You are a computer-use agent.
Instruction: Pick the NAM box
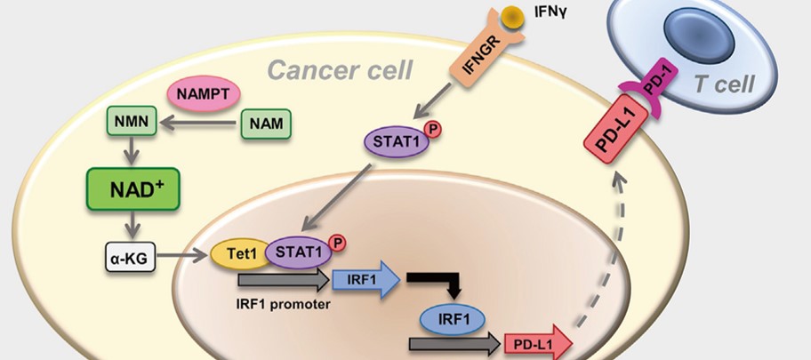point(266,124)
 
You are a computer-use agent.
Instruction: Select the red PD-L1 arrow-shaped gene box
point(534,344)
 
